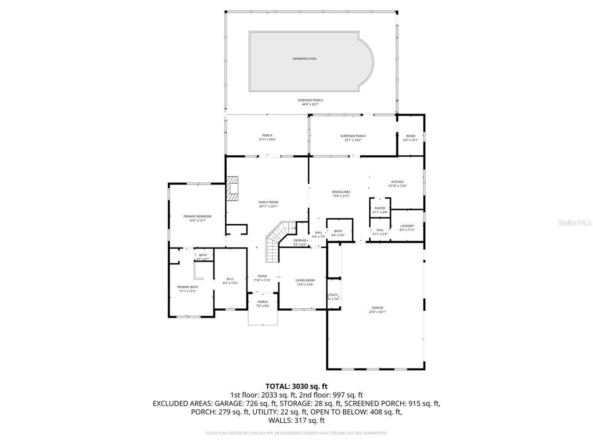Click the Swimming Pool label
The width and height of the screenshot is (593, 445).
click(x=304, y=59)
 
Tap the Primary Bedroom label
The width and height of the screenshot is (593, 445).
click(x=197, y=216)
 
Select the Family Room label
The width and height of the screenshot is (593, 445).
click(x=268, y=202)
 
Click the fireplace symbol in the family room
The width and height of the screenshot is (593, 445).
click(x=233, y=189)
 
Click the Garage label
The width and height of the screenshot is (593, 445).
click(x=377, y=308)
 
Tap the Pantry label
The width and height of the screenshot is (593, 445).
click(x=380, y=209)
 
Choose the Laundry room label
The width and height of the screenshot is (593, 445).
click(x=407, y=226)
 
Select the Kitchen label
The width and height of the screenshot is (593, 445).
click(x=397, y=182)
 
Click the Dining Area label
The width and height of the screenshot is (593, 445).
click(x=341, y=192)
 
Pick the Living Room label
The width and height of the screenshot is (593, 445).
click(x=305, y=280)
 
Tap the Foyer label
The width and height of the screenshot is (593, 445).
click(x=262, y=276)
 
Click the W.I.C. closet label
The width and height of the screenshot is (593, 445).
click(x=230, y=279)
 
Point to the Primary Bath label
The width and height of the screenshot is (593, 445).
click(x=187, y=287)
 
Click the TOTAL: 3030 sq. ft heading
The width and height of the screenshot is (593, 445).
click(x=296, y=386)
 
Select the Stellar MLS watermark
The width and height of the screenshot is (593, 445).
click(x=574, y=222)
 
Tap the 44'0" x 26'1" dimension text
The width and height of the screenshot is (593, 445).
click(x=310, y=104)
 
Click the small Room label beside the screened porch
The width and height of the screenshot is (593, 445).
click(x=410, y=136)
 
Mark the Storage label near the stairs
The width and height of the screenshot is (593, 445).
click(x=300, y=241)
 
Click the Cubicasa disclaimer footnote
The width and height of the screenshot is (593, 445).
click(x=296, y=433)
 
